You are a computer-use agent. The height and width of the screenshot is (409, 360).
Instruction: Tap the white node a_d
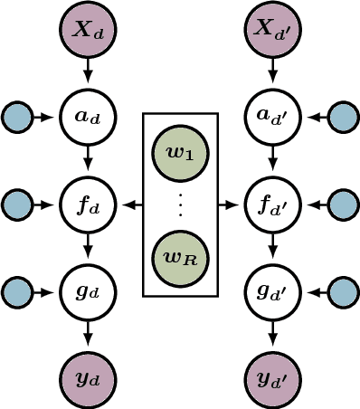(88, 116)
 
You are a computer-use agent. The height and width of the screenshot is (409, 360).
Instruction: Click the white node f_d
(88, 204)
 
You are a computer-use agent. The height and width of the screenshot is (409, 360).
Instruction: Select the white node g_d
(88, 292)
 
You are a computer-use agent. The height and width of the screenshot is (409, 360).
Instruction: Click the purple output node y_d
(88, 378)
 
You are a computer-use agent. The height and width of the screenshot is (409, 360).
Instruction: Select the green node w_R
(180, 256)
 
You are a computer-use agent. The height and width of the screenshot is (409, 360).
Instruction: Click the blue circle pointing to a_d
(16, 116)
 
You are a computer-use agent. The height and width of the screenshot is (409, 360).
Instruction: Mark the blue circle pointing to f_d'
(343, 204)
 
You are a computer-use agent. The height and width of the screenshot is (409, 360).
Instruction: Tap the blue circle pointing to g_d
(16, 292)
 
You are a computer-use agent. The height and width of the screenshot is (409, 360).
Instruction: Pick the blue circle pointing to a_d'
(343, 116)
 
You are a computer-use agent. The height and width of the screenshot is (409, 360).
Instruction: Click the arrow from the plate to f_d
(131, 204)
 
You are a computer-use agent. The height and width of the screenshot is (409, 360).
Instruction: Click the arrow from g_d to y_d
(88, 336)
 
